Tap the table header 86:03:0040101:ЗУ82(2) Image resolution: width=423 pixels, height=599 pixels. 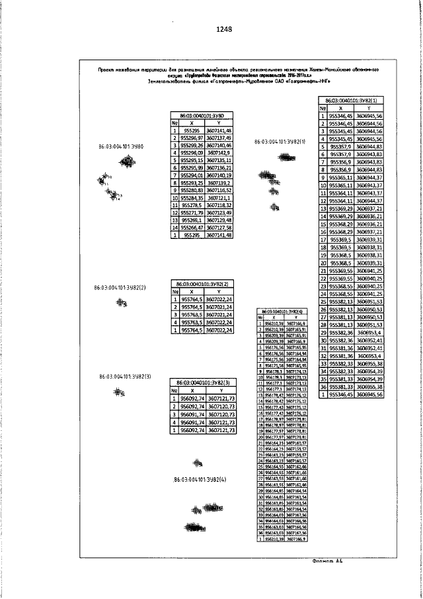(x=202, y=283)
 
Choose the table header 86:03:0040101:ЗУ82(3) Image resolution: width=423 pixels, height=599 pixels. (x=202, y=383)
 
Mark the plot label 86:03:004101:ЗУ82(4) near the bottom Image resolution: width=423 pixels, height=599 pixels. (x=200, y=479)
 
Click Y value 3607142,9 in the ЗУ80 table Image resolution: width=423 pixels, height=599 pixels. (x=219, y=152)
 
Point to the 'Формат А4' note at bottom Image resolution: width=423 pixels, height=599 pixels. (x=329, y=561)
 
